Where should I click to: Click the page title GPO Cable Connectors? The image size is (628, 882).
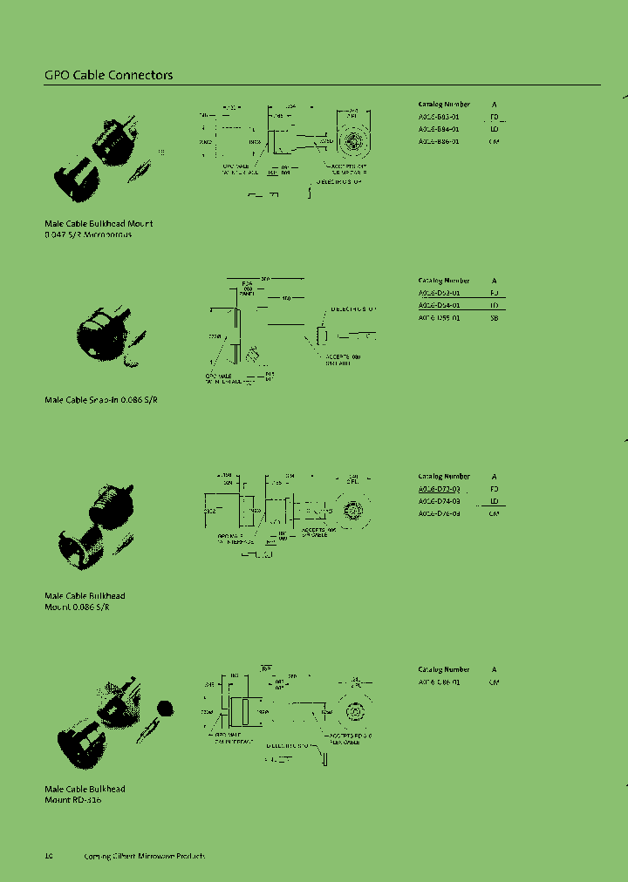pos(108,75)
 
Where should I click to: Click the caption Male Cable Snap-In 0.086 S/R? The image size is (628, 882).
pos(101,399)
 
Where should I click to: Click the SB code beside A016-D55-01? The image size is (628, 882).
pos(494,318)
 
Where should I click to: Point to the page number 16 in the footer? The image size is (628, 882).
pos(49,856)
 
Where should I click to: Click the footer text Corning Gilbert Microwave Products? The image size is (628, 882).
pos(144,856)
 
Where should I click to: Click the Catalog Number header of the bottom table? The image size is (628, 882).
pos(444,669)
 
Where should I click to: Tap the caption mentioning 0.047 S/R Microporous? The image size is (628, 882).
pos(88,235)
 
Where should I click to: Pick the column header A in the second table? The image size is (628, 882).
pos(494,281)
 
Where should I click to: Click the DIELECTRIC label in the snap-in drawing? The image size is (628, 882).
pos(352,309)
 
